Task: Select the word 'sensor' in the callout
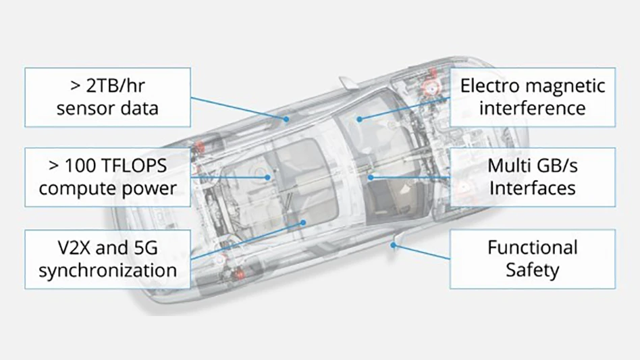(x=86, y=108)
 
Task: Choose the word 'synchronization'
(x=107, y=270)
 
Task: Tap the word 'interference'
(x=533, y=107)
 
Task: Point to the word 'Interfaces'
(x=533, y=187)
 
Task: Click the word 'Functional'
(x=533, y=247)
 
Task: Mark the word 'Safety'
(x=533, y=270)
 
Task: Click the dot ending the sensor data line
(x=286, y=120)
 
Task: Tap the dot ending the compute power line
(x=269, y=177)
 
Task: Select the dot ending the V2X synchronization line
(x=304, y=221)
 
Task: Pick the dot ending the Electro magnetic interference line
(x=360, y=120)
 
